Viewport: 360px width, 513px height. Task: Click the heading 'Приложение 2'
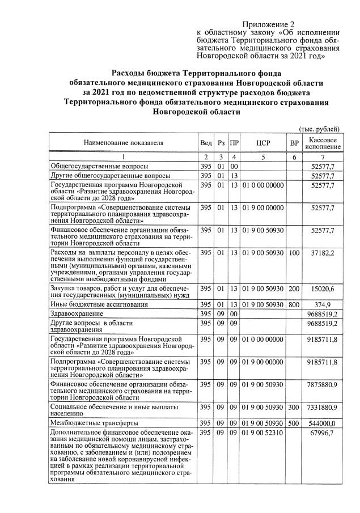[x=269, y=24]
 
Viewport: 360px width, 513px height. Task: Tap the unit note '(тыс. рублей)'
[x=319, y=129]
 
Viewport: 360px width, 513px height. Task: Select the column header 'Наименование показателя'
[x=124, y=143]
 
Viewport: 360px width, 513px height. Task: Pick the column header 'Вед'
[x=206, y=143]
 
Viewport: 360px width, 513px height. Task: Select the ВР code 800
[x=294, y=304]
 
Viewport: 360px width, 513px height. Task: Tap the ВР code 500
[x=294, y=423]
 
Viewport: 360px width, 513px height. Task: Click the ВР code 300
[x=294, y=408]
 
